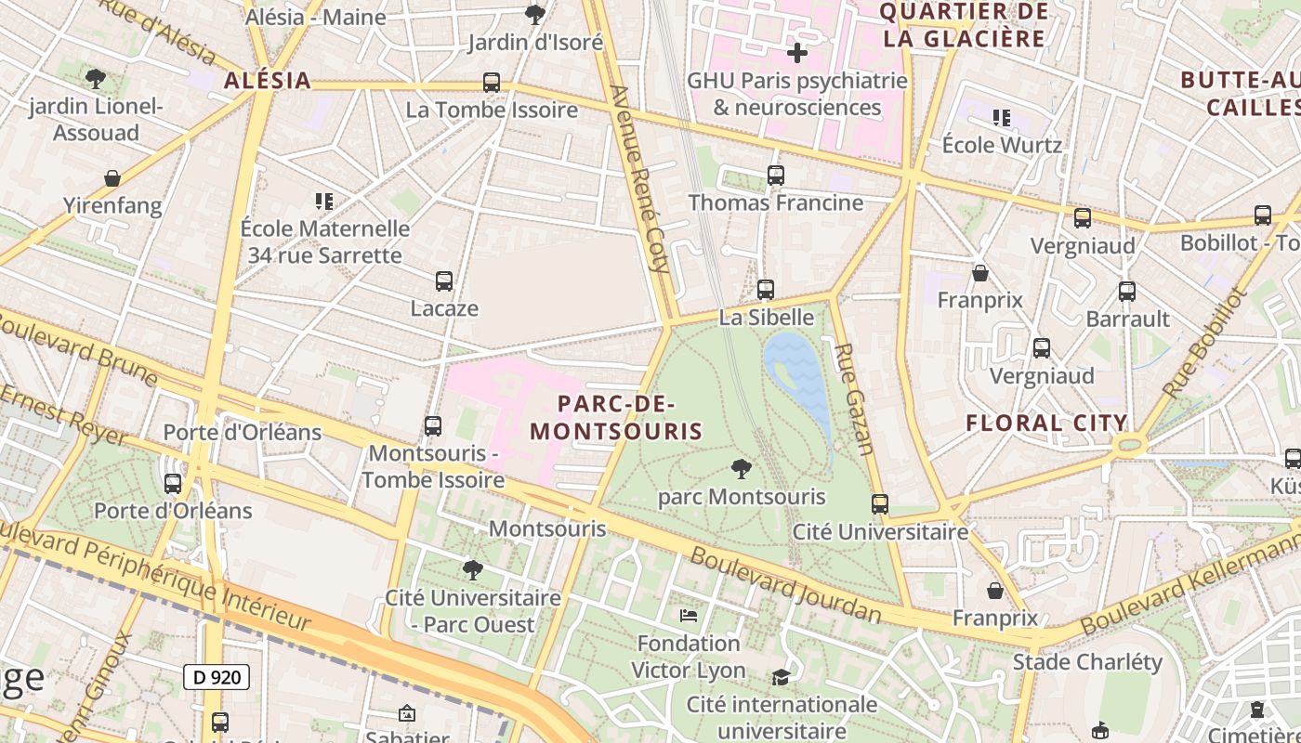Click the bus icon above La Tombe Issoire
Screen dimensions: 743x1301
click(492, 83)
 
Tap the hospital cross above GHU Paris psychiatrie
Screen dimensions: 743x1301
click(796, 53)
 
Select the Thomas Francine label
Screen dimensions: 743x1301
click(775, 202)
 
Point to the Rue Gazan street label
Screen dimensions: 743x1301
click(854, 399)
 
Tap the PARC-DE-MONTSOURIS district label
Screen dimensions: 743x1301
click(616, 418)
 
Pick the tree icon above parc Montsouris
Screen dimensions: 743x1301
click(741, 468)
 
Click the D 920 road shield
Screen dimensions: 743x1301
click(217, 677)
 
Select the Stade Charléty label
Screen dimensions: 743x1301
click(1087, 662)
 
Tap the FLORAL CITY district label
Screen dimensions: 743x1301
click(1046, 424)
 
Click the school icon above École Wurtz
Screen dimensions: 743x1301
click(1001, 118)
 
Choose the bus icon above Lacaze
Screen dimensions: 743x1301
click(444, 280)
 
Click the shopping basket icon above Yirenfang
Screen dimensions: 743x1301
click(112, 177)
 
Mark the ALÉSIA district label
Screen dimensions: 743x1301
click(268, 81)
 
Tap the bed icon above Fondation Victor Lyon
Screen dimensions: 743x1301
click(689, 615)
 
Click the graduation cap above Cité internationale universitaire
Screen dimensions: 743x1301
click(782, 677)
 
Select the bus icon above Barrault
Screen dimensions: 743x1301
click(1127, 292)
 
